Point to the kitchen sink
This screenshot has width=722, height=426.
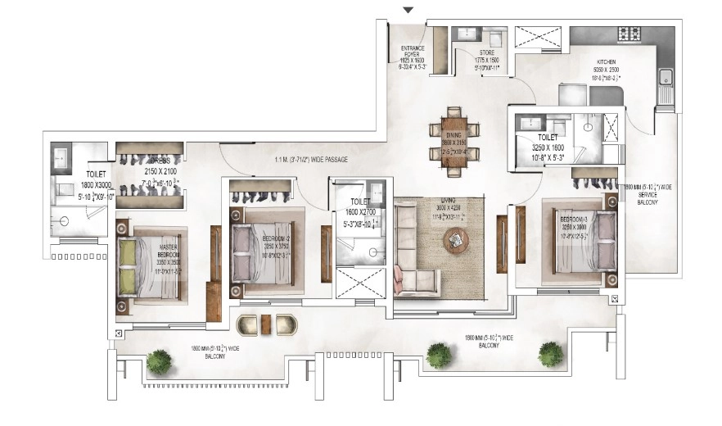pyautogui.click(x=666, y=79)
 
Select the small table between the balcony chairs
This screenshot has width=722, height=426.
pyautogui.click(x=267, y=324)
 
